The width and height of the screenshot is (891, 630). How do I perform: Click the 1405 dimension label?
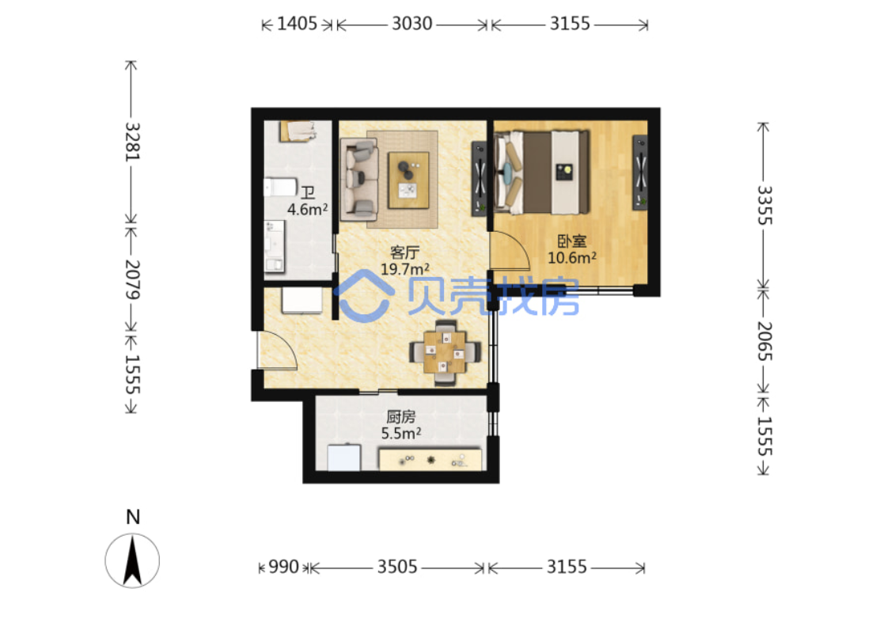click(297, 24)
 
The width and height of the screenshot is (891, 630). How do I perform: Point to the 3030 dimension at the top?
click(412, 24)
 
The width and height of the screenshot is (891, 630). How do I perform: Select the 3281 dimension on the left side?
click(132, 142)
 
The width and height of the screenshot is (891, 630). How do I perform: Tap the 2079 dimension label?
click(132, 279)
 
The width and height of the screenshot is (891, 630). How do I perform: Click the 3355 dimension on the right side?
click(764, 205)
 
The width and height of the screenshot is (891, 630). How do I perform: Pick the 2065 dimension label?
click(764, 341)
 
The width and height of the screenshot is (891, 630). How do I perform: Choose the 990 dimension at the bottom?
click(283, 567)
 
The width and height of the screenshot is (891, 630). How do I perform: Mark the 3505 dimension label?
click(397, 567)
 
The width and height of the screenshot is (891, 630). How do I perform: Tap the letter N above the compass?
click(132, 517)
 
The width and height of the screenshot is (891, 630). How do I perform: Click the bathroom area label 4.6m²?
click(307, 209)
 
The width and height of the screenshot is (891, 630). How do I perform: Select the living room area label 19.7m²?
click(404, 269)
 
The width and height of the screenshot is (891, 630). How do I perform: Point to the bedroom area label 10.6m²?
click(571, 257)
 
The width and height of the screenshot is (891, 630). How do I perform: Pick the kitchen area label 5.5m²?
click(401, 433)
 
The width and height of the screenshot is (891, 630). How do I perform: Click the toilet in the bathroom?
click(280, 187)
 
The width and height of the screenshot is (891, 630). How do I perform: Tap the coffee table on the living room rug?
click(408, 180)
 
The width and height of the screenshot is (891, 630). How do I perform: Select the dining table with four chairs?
click(445, 353)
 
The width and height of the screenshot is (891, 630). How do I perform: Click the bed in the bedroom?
click(541, 173)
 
